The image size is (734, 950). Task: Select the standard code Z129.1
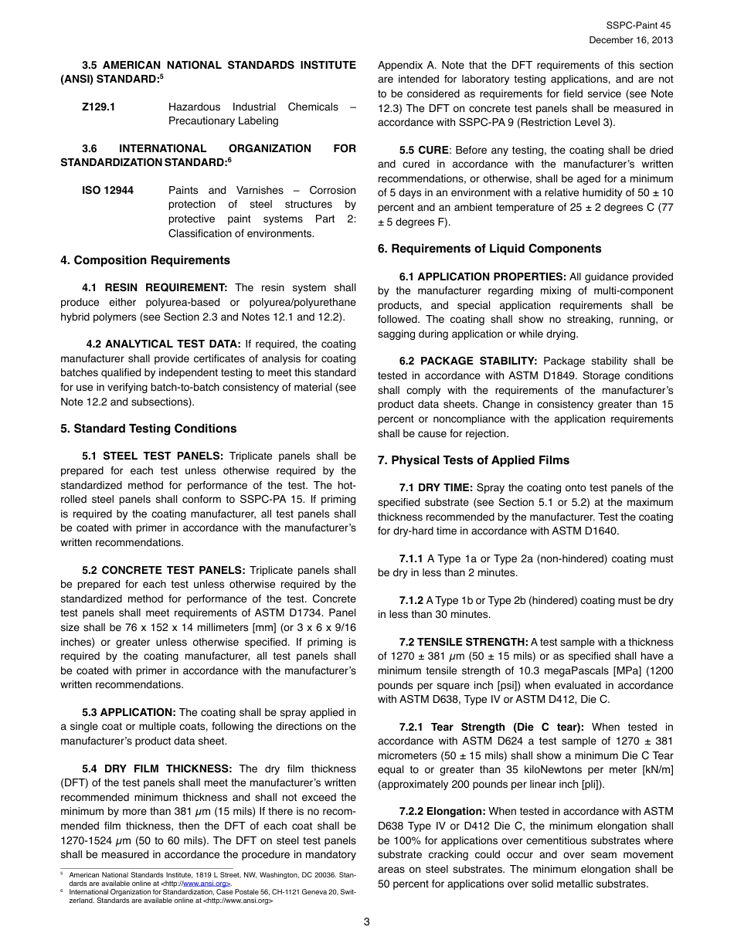pyautogui.click(x=99, y=107)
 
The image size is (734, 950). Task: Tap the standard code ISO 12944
pyautogui.click(x=107, y=190)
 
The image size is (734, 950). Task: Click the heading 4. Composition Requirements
pyautogui.click(x=145, y=260)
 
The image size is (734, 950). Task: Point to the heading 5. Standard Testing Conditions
pyautogui.click(x=148, y=429)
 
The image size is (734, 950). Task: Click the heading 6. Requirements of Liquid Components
pyautogui.click(x=489, y=249)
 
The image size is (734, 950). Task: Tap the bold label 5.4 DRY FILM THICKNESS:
pyautogui.click(x=157, y=768)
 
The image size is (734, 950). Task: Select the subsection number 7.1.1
pyautogui.click(x=412, y=558)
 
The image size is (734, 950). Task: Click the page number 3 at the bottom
pyautogui.click(x=367, y=921)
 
